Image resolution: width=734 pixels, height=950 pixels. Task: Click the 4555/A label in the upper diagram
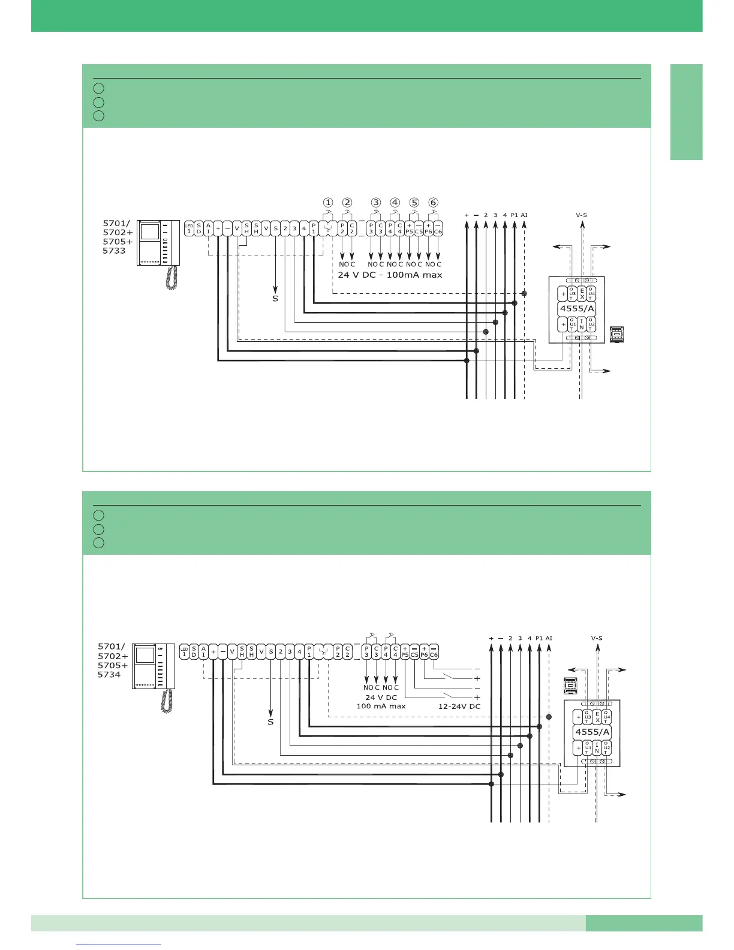[x=577, y=309]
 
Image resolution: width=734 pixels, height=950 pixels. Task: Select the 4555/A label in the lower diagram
[x=592, y=732]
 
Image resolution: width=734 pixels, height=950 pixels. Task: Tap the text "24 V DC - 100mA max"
[x=390, y=275]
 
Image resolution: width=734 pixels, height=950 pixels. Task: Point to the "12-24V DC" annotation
[x=459, y=706]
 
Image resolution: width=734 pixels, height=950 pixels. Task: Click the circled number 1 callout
[x=328, y=203]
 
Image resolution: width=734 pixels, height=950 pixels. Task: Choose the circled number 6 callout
[x=434, y=203]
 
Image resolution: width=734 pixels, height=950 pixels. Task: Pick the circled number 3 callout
[x=376, y=203]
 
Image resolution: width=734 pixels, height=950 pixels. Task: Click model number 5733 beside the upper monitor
[x=114, y=251]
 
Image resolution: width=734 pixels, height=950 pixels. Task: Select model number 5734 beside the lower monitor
[x=109, y=674]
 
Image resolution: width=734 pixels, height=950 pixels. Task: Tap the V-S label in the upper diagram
[x=581, y=215]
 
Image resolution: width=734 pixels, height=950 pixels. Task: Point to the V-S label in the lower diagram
[x=597, y=638]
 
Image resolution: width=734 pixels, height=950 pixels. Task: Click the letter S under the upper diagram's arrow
[x=275, y=298]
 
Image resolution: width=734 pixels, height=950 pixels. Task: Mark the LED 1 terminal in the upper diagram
[x=189, y=229]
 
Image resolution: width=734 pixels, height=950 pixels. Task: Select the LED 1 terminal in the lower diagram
[x=184, y=652]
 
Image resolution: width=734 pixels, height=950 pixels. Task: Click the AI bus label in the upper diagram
[x=524, y=215]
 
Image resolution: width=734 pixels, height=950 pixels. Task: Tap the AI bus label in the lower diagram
[x=549, y=638]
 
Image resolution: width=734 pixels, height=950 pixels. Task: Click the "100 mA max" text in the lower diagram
[x=381, y=706]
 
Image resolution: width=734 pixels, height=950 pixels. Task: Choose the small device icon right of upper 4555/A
[x=616, y=335]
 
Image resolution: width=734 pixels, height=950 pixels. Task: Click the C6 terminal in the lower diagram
[x=433, y=652]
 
